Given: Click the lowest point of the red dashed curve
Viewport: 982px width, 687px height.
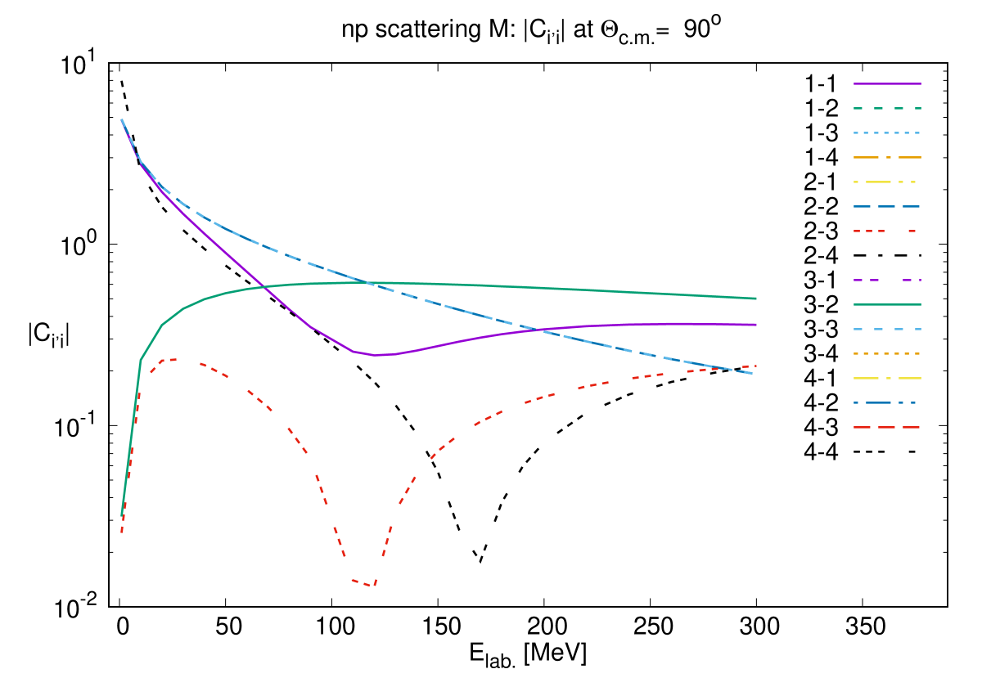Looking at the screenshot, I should click(372, 586).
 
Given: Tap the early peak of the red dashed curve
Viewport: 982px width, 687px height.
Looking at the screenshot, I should click(170, 359).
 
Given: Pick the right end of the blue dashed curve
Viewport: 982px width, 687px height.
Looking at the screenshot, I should click(752, 374).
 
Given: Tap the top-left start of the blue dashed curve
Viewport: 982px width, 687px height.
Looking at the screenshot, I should click(122, 119).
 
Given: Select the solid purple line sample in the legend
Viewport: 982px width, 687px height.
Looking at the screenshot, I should click(887, 83).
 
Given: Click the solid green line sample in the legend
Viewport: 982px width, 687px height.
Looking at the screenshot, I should click(887, 304).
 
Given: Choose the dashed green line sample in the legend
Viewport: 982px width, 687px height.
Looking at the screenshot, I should click(887, 108).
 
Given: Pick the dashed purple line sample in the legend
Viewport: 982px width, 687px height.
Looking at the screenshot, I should click(887, 280).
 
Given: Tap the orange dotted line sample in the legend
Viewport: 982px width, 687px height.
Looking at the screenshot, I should click(887, 353).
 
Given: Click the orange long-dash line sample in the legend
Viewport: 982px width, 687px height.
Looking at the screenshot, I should click(887, 157).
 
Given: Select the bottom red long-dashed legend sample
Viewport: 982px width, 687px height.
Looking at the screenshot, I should click(887, 427).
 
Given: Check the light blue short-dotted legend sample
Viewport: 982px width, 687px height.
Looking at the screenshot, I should click(887, 132).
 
